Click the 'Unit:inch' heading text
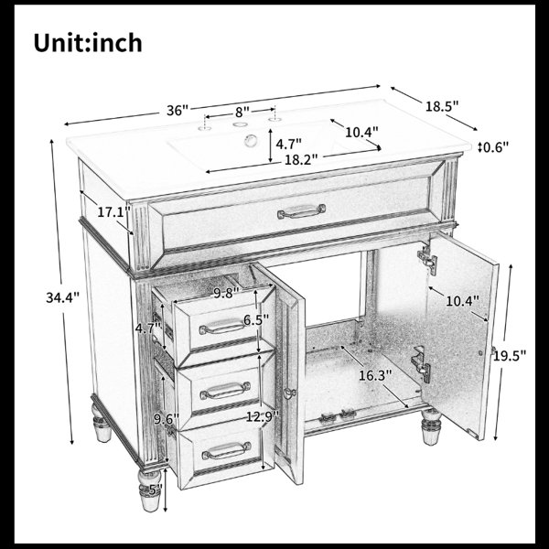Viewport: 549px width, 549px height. pyautogui.click(x=88, y=43)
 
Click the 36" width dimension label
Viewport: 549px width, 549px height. pyautogui.click(x=178, y=111)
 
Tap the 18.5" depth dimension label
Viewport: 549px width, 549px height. pyautogui.click(x=442, y=106)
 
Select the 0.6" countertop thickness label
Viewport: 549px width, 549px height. pyautogui.click(x=495, y=147)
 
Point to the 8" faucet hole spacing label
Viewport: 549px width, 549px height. pyautogui.click(x=242, y=112)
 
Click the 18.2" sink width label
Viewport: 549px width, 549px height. pyautogui.click(x=301, y=159)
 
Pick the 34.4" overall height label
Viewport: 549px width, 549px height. pyautogui.click(x=62, y=297)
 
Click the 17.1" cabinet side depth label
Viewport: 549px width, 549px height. pyautogui.click(x=113, y=212)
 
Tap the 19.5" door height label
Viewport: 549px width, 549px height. pyautogui.click(x=510, y=356)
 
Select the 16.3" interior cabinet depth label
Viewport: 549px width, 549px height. pyautogui.click(x=375, y=376)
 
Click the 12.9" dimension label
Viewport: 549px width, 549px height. pyautogui.click(x=263, y=416)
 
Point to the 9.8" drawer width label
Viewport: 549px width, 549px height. pyautogui.click(x=226, y=293)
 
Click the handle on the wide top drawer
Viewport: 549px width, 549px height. pyautogui.click(x=301, y=211)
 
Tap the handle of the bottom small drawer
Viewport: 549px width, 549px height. pyautogui.click(x=227, y=450)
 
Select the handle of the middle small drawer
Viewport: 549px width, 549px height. pyautogui.click(x=225, y=391)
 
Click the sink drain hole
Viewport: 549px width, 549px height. pyautogui.click(x=251, y=140)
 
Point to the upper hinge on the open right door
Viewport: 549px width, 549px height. pyautogui.click(x=427, y=258)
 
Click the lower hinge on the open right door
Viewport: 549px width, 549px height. pyautogui.click(x=421, y=364)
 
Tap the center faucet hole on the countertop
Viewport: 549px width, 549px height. pyautogui.click(x=239, y=124)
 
